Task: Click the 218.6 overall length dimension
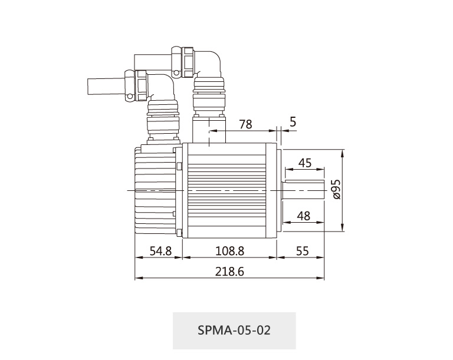[229, 272]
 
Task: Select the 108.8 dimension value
[230, 251]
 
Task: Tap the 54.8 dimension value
[160, 251]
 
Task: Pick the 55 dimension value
[303, 251]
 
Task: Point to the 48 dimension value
[304, 216]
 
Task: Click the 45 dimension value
[305, 163]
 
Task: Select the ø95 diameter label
[336, 189]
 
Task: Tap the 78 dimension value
[246, 124]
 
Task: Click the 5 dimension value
[293, 122]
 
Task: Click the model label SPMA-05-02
[234, 330]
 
